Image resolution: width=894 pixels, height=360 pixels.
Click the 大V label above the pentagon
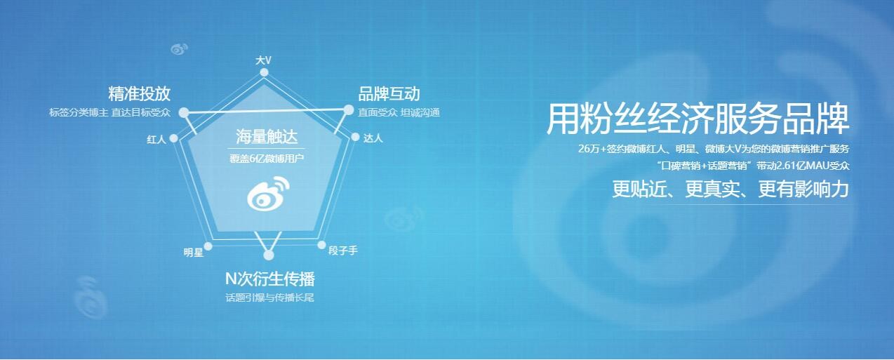263,60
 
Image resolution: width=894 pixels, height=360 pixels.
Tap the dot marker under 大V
265,72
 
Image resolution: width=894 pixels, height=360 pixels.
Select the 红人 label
156,139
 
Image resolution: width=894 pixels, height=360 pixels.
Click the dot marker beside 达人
355,138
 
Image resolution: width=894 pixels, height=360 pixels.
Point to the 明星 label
194,252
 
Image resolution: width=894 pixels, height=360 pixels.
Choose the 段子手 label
343,251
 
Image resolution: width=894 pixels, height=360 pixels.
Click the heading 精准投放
139,94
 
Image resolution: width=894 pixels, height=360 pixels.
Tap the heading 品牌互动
389,94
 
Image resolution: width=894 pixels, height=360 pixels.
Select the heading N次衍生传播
270,279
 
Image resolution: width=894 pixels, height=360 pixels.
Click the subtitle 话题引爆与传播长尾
269,298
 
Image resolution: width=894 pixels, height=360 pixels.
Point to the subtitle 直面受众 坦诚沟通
399,112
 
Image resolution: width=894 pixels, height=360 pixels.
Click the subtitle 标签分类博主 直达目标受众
109,112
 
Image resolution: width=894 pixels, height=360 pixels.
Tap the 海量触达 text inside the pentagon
267,137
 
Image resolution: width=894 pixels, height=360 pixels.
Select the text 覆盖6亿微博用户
267,159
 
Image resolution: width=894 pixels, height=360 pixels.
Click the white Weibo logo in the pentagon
268,193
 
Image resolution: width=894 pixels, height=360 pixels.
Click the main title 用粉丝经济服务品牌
698,119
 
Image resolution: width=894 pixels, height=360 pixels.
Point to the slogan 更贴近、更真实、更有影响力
730,189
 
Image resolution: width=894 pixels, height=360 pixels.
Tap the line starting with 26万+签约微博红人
714,149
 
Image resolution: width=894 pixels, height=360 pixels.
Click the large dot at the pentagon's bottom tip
269,255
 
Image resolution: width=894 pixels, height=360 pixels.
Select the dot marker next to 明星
208,246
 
